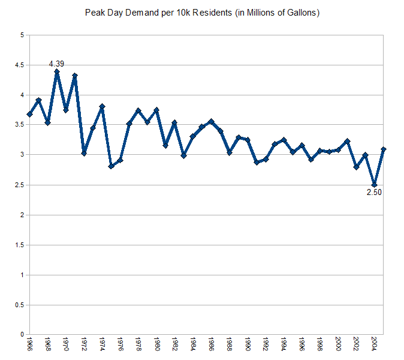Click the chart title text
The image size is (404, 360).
tap(201, 13)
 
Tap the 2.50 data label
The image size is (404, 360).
tap(374, 193)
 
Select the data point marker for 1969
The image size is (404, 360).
tap(57, 71)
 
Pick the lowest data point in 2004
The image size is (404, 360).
tap(374, 185)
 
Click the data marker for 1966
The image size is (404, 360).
tap(29, 114)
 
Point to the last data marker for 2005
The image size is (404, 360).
tap(383, 149)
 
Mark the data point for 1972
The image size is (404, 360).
tap(84, 153)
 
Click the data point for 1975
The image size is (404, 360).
tap(111, 166)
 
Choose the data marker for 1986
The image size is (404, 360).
tap(211, 121)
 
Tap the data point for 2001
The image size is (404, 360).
tap(347, 141)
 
